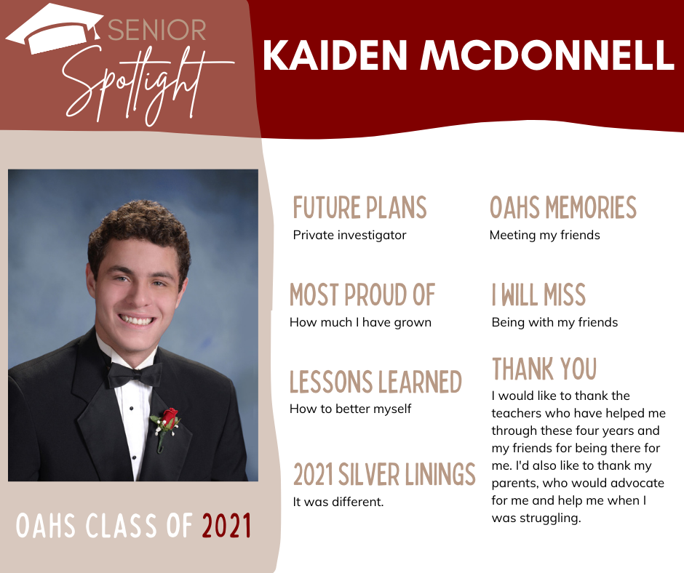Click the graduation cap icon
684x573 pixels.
point(55,30)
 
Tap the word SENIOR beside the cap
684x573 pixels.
point(157,30)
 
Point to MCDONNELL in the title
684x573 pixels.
point(547,55)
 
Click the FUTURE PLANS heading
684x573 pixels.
point(360,207)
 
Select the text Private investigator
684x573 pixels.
point(349,236)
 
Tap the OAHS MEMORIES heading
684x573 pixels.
point(563,207)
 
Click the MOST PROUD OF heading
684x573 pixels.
point(362,294)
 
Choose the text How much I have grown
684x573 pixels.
point(360,322)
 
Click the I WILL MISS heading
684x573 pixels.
point(538,294)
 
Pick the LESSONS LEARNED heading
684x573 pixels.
point(375,382)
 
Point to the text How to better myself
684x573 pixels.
point(350,409)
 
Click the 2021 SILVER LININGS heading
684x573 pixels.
point(384,474)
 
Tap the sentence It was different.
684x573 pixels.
point(338,502)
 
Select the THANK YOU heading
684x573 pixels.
point(544,369)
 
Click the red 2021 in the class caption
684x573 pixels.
point(226,526)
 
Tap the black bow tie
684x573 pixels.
point(135,375)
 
